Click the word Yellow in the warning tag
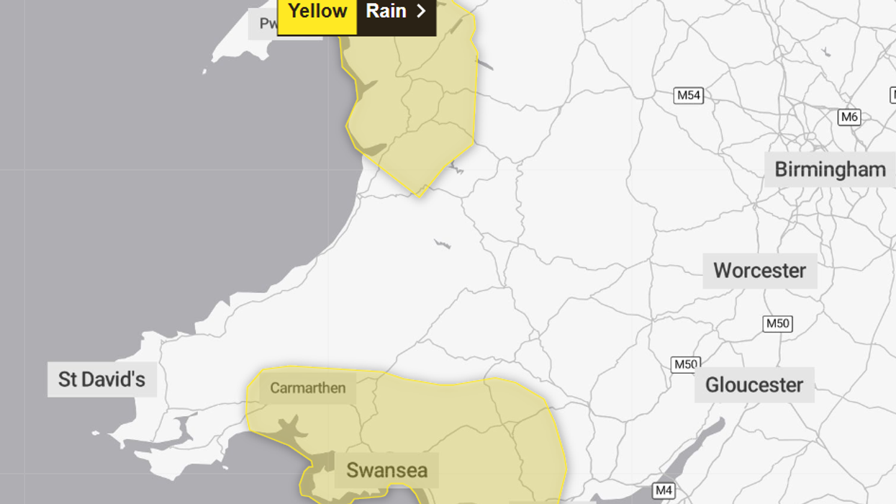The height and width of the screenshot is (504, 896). tap(317, 12)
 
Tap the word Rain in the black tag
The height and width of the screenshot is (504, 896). tap(386, 12)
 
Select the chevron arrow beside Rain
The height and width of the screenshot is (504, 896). tap(422, 12)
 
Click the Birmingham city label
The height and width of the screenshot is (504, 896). tap(830, 170)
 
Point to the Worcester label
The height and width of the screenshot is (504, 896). tap(759, 271)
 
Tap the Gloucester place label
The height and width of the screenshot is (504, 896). tap(754, 385)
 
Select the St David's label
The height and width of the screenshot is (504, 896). tap(101, 379)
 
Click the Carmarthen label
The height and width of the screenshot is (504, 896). tap(307, 388)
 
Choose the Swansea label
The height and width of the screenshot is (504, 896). tap(386, 471)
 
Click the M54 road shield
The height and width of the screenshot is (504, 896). tap(688, 96)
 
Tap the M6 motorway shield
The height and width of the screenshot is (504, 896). tap(849, 117)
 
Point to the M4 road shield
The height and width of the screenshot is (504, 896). tap(664, 491)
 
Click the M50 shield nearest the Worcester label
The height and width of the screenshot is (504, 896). tap(777, 323)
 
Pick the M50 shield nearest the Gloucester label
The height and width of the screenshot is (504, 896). tap(685, 364)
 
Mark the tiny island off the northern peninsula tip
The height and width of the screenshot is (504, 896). tap(204, 71)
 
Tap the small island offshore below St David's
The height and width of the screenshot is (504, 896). tap(96, 434)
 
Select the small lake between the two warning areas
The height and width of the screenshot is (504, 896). tap(442, 244)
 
